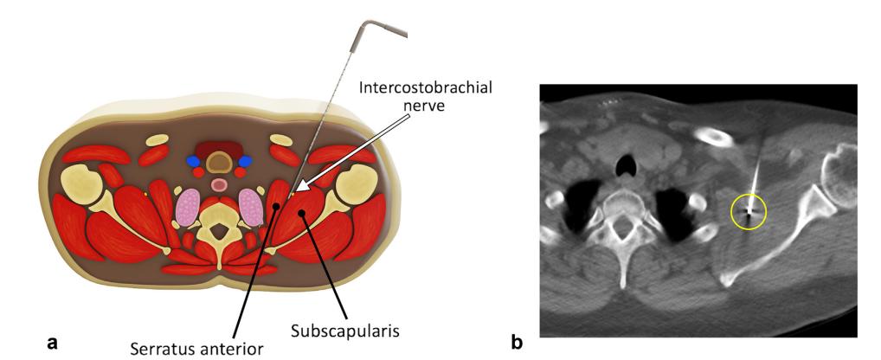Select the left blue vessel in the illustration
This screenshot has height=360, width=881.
pyautogui.click(x=192, y=161)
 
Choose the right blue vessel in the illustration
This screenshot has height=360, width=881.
pyautogui.click(x=245, y=161)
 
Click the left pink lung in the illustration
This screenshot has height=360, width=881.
pyautogui.click(x=188, y=209)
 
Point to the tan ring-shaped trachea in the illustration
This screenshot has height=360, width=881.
pyautogui.click(x=219, y=162)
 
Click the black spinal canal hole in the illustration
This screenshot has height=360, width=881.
pyautogui.click(x=220, y=231)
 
